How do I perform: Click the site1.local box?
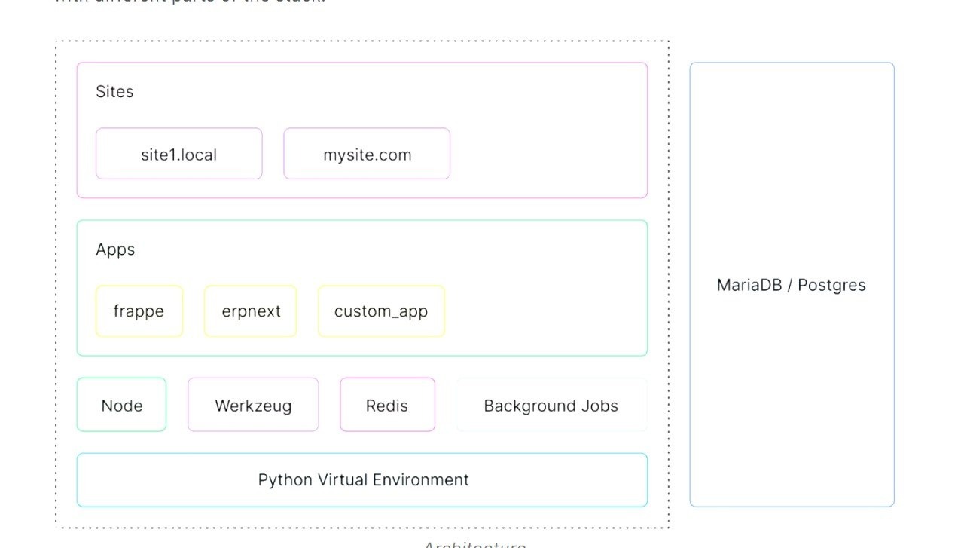click(178, 154)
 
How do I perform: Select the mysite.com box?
click(367, 154)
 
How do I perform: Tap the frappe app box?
click(139, 311)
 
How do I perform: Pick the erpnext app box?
click(251, 311)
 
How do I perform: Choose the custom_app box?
click(381, 311)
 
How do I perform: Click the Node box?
click(121, 405)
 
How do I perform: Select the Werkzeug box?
click(253, 405)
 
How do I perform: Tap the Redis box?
click(387, 405)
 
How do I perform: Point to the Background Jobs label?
click(551, 406)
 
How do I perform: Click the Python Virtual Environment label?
click(363, 479)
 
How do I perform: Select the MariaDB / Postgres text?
click(791, 285)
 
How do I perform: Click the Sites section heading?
click(114, 91)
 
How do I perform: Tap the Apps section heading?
click(115, 250)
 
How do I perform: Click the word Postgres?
click(831, 285)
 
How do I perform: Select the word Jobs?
click(599, 406)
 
